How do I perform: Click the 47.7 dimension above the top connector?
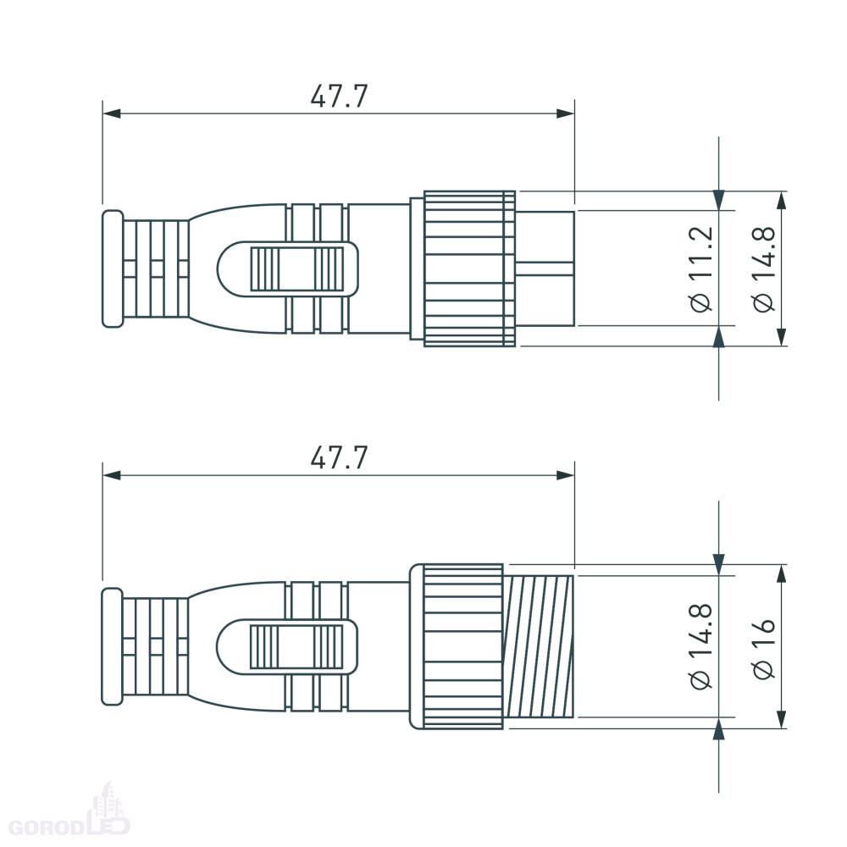(339, 97)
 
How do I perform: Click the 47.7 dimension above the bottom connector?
(339, 458)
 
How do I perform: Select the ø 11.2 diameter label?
(701, 268)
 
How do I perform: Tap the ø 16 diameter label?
(764, 648)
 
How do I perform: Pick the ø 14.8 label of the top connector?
(764, 268)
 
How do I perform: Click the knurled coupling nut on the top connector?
(469, 268)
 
